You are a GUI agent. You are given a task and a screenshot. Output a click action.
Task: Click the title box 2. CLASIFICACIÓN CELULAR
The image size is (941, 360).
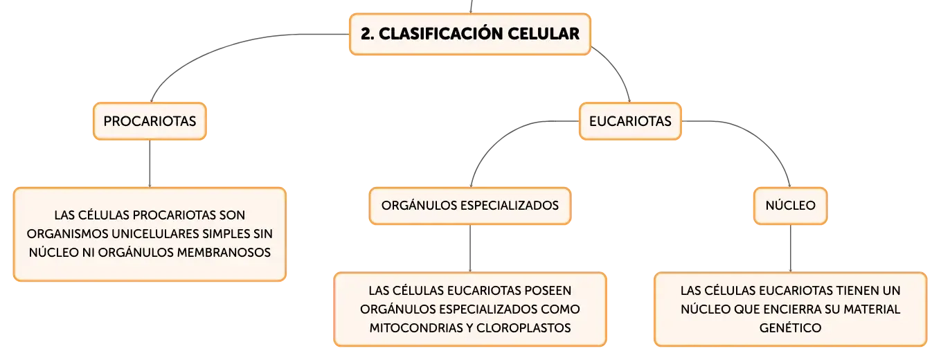point(470,34)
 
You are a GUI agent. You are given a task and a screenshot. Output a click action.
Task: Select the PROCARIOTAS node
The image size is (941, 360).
point(150,121)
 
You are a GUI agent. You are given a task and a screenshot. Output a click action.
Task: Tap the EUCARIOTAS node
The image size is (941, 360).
point(630,121)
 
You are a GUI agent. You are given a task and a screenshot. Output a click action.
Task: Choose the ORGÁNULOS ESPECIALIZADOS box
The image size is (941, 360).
point(470,206)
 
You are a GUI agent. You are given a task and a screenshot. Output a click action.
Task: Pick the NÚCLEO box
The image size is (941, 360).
point(790,206)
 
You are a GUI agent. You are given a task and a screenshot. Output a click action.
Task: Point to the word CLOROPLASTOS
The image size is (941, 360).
point(523,328)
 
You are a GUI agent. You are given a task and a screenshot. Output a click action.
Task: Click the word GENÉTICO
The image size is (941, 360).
point(790,328)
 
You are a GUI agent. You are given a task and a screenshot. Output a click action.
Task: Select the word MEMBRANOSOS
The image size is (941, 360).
point(224,253)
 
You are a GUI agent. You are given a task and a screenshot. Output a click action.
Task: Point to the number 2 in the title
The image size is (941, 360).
point(366,34)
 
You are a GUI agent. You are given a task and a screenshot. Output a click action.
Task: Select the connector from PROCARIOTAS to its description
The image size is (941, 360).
point(150,163)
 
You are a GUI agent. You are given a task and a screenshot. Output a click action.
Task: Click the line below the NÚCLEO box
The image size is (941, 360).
point(791,249)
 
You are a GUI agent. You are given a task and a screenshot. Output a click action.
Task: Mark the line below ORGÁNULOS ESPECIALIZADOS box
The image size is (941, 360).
point(470,249)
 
